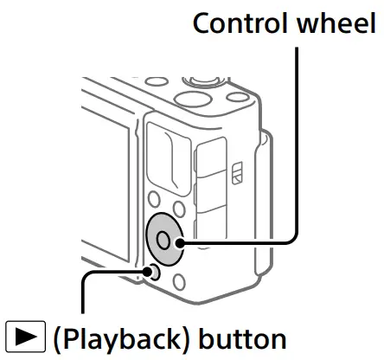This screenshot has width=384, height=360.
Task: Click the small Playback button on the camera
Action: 153,274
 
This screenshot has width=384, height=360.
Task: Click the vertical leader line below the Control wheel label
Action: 298,130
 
